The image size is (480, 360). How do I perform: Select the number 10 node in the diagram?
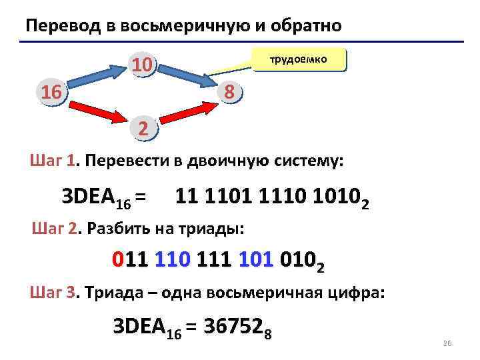pyautogui.click(x=143, y=65)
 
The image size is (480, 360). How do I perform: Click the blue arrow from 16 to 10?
pyautogui.click(x=97, y=75)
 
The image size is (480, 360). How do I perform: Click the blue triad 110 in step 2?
pyautogui.click(x=172, y=258)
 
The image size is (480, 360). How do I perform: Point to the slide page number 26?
pyautogui.click(x=447, y=343)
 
